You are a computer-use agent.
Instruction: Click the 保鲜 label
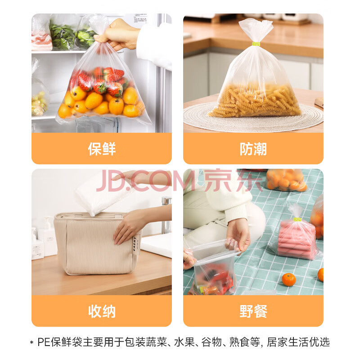click(102, 149)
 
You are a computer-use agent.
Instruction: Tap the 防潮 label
click(253, 149)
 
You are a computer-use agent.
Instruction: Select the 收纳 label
click(102, 311)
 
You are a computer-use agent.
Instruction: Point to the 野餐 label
click(253, 311)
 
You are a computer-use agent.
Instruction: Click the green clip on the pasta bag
click(256, 44)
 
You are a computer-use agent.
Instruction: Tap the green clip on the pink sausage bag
click(297, 220)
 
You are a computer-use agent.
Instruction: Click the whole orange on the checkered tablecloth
click(288, 279)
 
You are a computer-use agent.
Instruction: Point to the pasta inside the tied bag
click(255, 100)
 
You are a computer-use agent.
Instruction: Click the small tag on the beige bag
click(136, 246)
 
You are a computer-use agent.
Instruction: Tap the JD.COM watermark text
click(145, 181)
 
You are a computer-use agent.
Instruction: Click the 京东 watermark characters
click(233, 180)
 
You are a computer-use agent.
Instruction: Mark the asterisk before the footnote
click(31, 343)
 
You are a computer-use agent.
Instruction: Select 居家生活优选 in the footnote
click(298, 342)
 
